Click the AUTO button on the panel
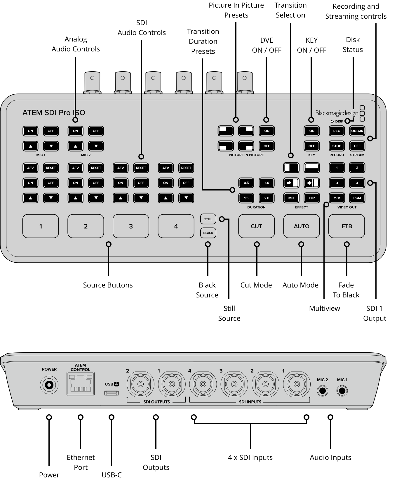[301, 226]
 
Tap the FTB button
[346, 226]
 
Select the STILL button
[208, 219]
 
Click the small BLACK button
[208, 233]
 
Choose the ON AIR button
[357, 131]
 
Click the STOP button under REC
[337, 146]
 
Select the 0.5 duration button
[246, 183]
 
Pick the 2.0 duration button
[267, 198]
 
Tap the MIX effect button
[291, 198]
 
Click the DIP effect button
[312, 198]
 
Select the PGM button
[357, 198]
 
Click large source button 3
[131, 226]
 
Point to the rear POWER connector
[49, 385]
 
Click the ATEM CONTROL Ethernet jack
[81, 384]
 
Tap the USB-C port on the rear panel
[112, 393]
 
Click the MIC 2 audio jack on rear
[322, 391]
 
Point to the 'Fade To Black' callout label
[346, 290]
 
